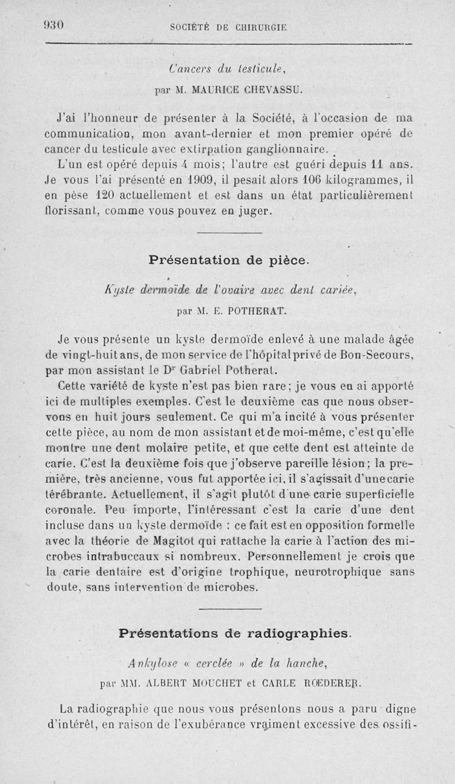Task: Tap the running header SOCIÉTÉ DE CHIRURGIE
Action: click(x=228, y=26)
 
